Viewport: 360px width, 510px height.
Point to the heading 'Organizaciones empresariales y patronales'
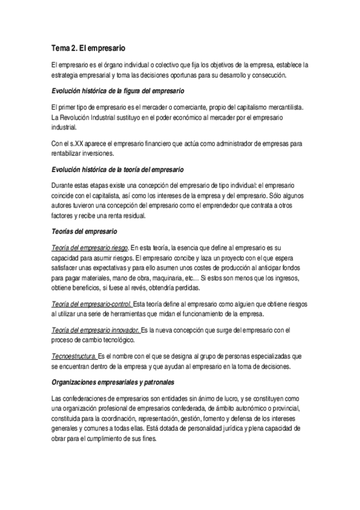coord(114,382)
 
